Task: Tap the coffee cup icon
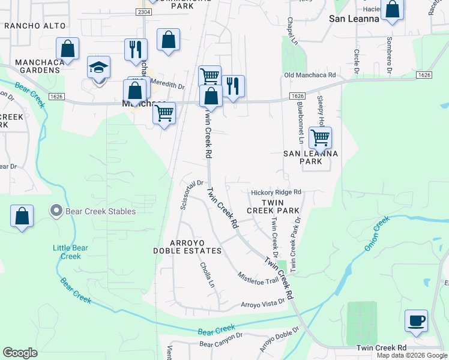coord(416,320)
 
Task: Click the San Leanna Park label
coord(311,157)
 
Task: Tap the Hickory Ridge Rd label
coord(276,192)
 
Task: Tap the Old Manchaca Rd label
coord(310,75)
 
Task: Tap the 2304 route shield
coord(143,12)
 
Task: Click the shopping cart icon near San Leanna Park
coord(320,137)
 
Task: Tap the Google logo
coord(20,353)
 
